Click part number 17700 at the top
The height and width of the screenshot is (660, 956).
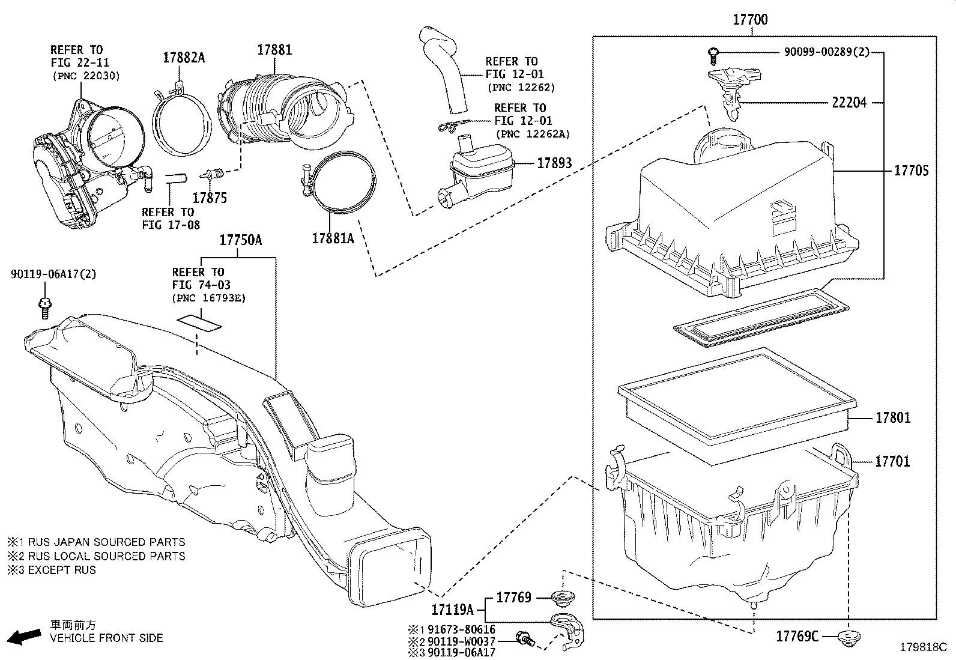(749, 19)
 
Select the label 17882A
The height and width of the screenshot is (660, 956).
(184, 58)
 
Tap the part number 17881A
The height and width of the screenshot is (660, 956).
(333, 238)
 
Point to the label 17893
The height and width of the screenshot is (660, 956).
(554, 163)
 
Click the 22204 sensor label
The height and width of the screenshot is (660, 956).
(849, 103)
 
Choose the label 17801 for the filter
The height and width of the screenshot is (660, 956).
(892, 417)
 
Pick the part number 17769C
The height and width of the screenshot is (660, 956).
(797, 637)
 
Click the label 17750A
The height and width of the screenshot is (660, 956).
(240, 240)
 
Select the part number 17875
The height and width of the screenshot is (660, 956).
(210, 198)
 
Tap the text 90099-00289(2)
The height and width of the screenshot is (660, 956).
(826, 52)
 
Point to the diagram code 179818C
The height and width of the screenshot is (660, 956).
(922, 647)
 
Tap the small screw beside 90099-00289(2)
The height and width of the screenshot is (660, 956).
(712, 55)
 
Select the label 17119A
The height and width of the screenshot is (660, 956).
(452, 610)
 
